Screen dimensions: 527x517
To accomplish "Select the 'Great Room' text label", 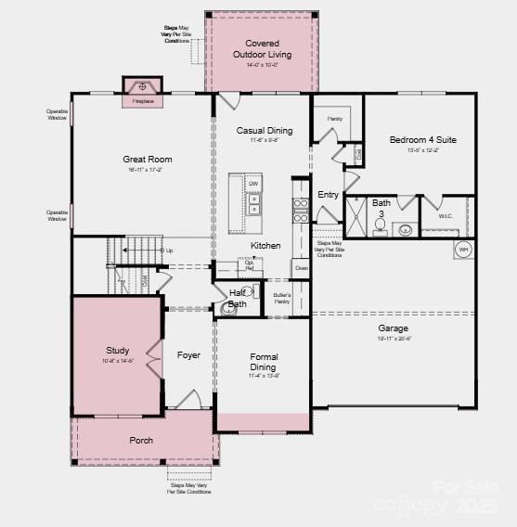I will tap(148, 160).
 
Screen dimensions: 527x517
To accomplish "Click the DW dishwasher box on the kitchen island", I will tap(252, 184).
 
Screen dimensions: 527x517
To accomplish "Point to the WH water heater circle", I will tap(463, 250).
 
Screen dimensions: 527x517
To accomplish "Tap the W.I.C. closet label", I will tap(444, 216).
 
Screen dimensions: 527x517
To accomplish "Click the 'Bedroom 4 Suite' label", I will tap(422, 140).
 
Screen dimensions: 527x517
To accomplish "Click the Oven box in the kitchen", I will tap(301, 267).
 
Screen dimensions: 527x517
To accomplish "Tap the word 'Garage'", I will tap(393, 328).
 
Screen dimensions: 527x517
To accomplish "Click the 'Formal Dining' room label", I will tap(264, 362).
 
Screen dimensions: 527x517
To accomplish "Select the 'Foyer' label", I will tap(188, 355).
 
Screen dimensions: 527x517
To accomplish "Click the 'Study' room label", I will tap(118, 350).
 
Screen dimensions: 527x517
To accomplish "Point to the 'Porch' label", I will tap(141, 440).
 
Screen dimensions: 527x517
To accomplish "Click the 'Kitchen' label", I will tap(265, 246).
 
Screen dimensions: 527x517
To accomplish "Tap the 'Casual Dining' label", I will tap(265, 131).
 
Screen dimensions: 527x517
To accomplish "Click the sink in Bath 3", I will tap(407, 229).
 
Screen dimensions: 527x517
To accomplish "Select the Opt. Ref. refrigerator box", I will tap(249, 264).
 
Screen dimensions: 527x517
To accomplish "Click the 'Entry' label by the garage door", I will tap(329, 195).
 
